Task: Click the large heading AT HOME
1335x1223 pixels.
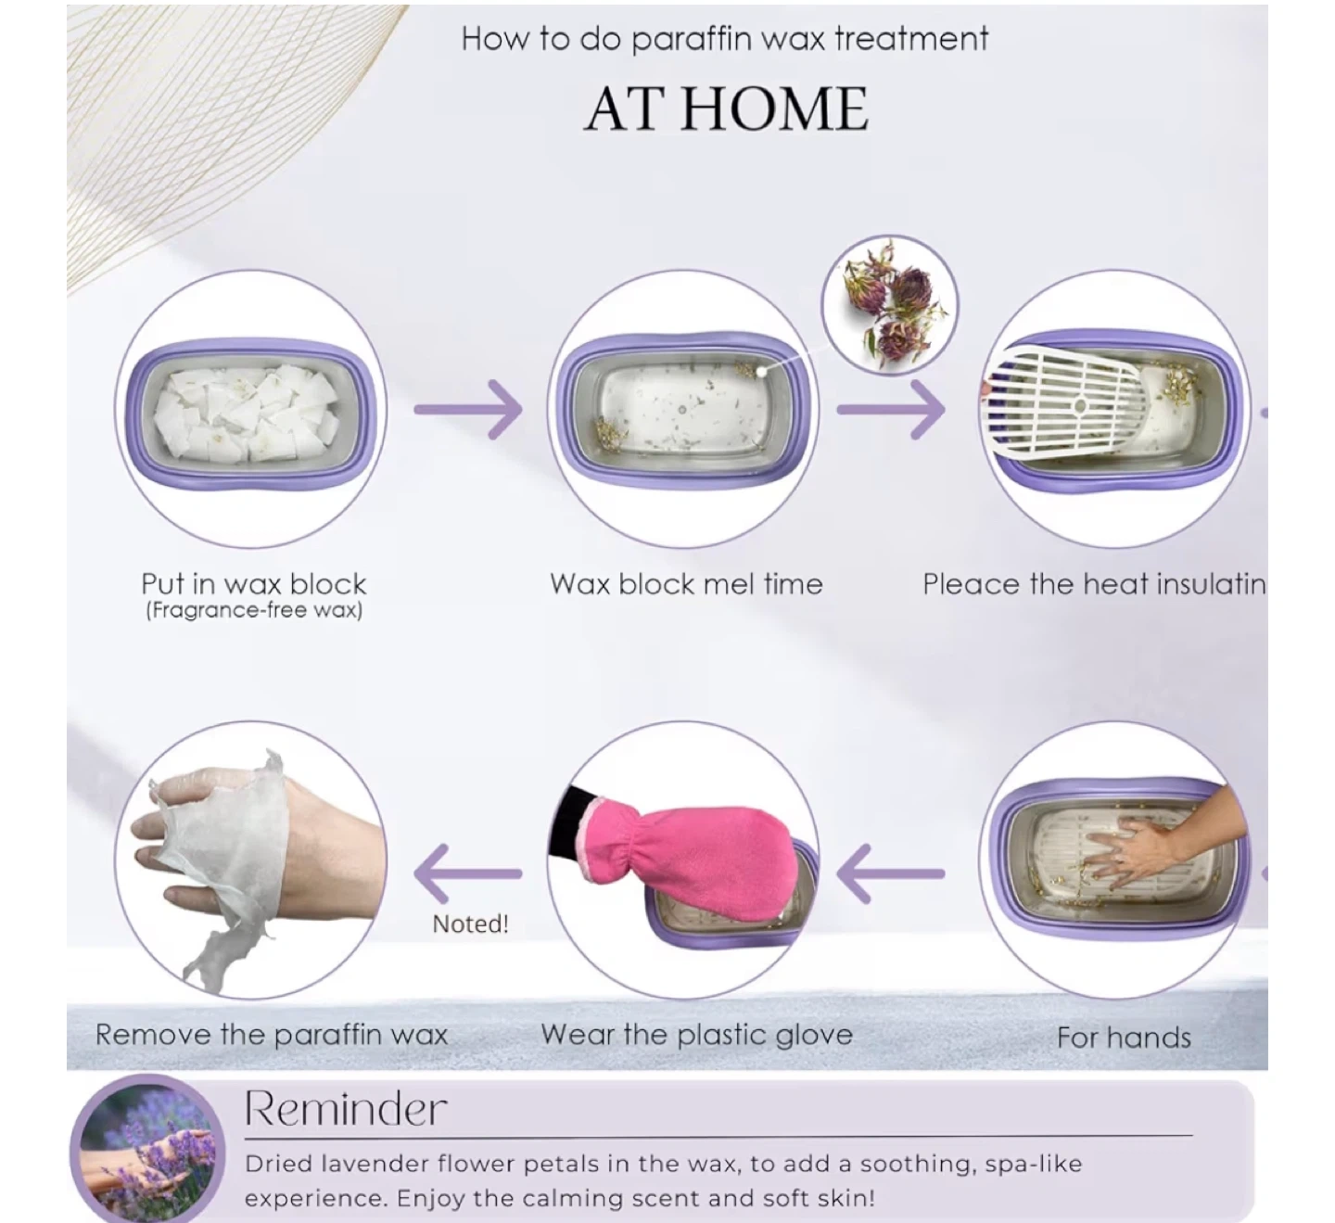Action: [x=726, y=109]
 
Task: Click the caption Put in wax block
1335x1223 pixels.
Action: [x=253, y=584]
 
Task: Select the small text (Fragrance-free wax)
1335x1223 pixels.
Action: [x=254, y=610]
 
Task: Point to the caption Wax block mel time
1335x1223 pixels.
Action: [x=686, y=584]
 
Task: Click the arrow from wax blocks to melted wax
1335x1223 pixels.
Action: [x=468, y=410]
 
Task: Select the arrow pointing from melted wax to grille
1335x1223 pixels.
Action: [x=890, y=410]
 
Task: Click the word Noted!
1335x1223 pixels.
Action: [x=471, y=924]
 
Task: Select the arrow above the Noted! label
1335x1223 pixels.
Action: [x=468, y=873]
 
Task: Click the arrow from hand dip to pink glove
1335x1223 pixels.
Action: [x=890, y=873]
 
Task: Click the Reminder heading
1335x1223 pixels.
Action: [x=346, y=1109]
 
